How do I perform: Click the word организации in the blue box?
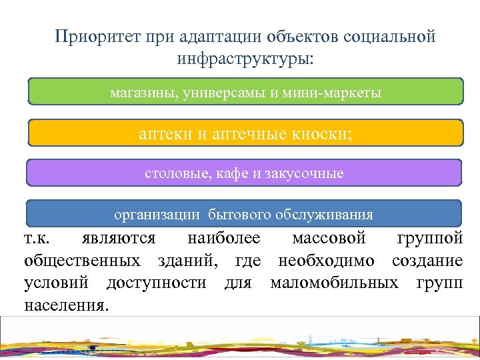pyautogui.click(x=157, y=215)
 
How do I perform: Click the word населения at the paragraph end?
pyautogui.click(x=67, y=305)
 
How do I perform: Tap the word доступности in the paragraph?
pyautogui.click(x=156, y=283)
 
